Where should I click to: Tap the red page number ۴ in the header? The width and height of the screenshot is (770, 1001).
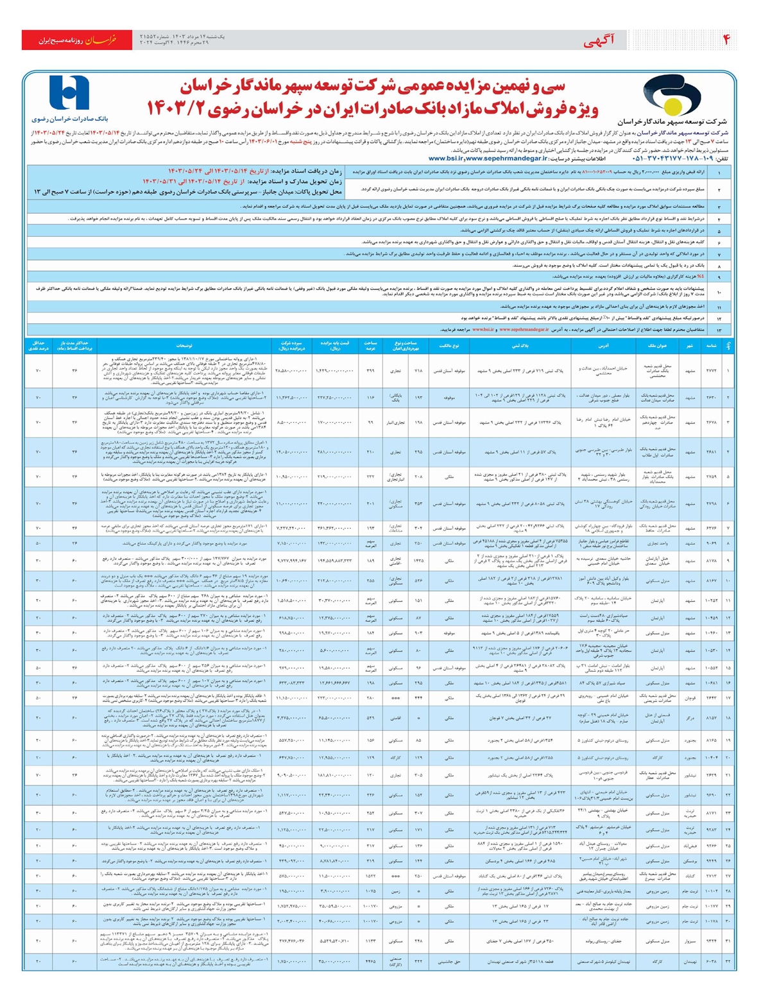727,40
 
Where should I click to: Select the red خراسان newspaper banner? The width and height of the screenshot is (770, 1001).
78,40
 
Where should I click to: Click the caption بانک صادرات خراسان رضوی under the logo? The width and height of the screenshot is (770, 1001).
70,119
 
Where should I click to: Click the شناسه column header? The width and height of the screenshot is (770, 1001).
711,345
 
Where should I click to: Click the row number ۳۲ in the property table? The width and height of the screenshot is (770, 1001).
728,961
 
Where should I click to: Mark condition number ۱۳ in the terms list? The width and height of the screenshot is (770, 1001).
719,329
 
